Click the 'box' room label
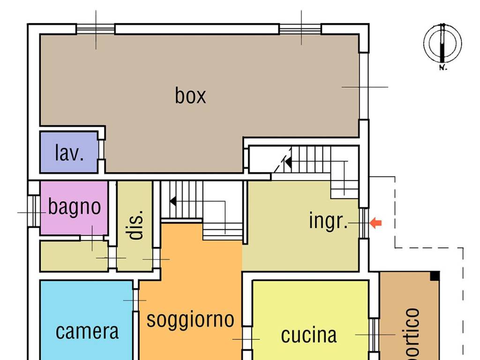[190, 95]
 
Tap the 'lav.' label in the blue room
[69, 153]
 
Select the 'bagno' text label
[75, 207]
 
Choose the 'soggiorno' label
[190, 319]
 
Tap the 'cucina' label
[308, 335]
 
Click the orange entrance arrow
[376, 223]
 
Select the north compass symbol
[442, 43]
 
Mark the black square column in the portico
[435, 276]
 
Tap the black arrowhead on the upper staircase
[288, 163]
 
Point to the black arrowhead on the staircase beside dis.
[173, 202]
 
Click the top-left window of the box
[96, 29]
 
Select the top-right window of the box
[300, 29]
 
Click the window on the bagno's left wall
[33, 211]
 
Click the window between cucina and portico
[374, 335]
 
